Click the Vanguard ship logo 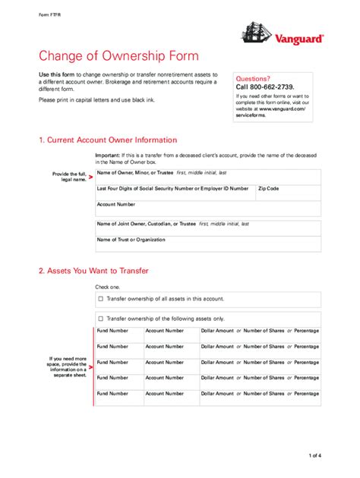[254, 33]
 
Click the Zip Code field [288, 193]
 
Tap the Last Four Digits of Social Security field [173, 193]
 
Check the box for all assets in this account [100, 299]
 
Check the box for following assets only [100, 319]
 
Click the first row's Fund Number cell [118, 335]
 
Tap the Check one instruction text [107, 287]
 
